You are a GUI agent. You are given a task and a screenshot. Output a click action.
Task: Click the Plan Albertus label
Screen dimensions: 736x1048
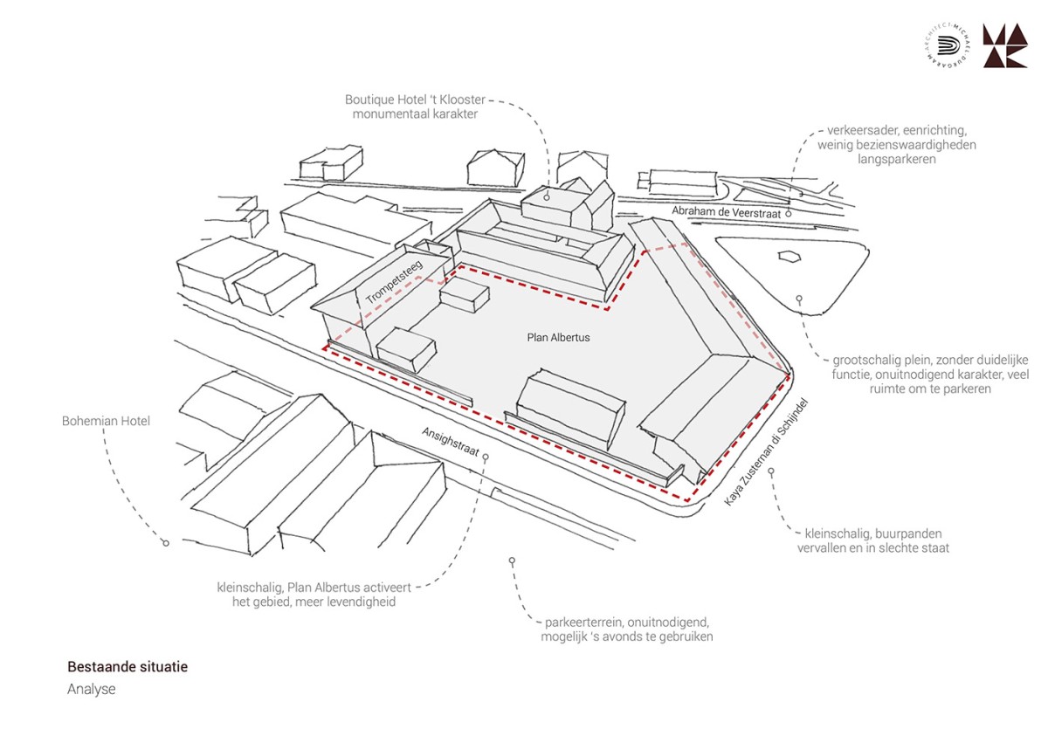(x=558, y=337)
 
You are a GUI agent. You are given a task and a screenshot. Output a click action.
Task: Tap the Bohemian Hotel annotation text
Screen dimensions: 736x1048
(x=106, y=421)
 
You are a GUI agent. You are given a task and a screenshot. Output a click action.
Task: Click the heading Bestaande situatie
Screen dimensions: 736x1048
(x=128, y=667)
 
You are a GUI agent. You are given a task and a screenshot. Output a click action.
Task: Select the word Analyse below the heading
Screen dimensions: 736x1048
(x=91, y=689)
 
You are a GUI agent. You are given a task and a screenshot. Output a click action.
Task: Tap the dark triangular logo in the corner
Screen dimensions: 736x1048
(x=1004, y=46)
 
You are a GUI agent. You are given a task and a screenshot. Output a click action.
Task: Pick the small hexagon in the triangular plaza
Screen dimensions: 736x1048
(x=789, y=257)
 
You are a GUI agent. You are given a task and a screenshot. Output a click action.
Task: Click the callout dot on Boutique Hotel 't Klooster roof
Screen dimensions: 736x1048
(x=547, y=198)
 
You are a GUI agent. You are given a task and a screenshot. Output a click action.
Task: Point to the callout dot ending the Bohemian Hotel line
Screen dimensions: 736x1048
(x=165, y=543)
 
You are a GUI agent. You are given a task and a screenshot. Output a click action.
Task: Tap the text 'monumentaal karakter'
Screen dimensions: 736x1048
(x=415, y=113)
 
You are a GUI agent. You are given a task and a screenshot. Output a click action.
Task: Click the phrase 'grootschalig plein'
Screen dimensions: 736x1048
(x=874, y=360)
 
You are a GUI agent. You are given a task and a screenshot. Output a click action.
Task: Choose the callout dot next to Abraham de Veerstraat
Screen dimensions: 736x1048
(x=788, y=212)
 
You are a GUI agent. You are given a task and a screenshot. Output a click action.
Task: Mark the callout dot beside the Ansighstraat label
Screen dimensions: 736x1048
(x=486, y=457)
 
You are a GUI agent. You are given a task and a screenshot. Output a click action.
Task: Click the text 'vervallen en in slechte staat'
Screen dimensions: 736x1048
(x=872, y=547)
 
